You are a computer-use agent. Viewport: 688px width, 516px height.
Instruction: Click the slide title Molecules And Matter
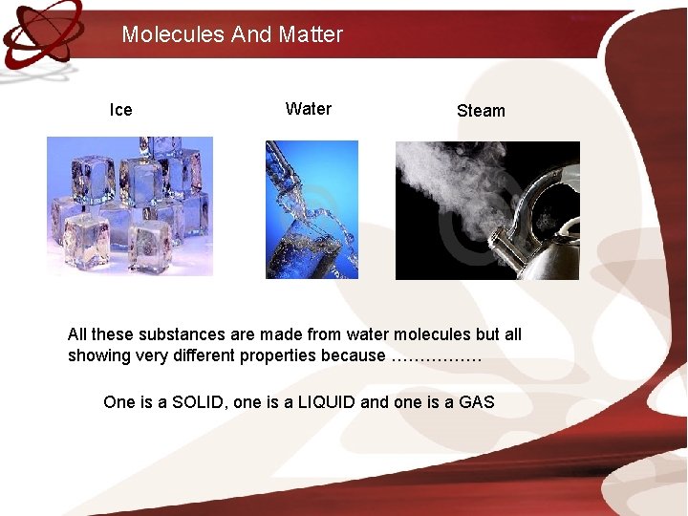232,34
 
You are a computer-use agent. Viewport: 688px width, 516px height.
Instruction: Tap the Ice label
121,110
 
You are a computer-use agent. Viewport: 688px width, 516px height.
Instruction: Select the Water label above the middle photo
308,109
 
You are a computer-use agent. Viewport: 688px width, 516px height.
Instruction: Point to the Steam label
481,111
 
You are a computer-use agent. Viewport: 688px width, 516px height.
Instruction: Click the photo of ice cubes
130,206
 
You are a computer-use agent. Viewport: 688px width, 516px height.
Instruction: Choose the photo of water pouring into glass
312,210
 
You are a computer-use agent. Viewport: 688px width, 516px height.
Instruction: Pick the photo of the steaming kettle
487,210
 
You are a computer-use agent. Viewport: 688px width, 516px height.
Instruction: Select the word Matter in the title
311,34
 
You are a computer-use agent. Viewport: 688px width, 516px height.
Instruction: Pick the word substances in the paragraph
182,334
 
